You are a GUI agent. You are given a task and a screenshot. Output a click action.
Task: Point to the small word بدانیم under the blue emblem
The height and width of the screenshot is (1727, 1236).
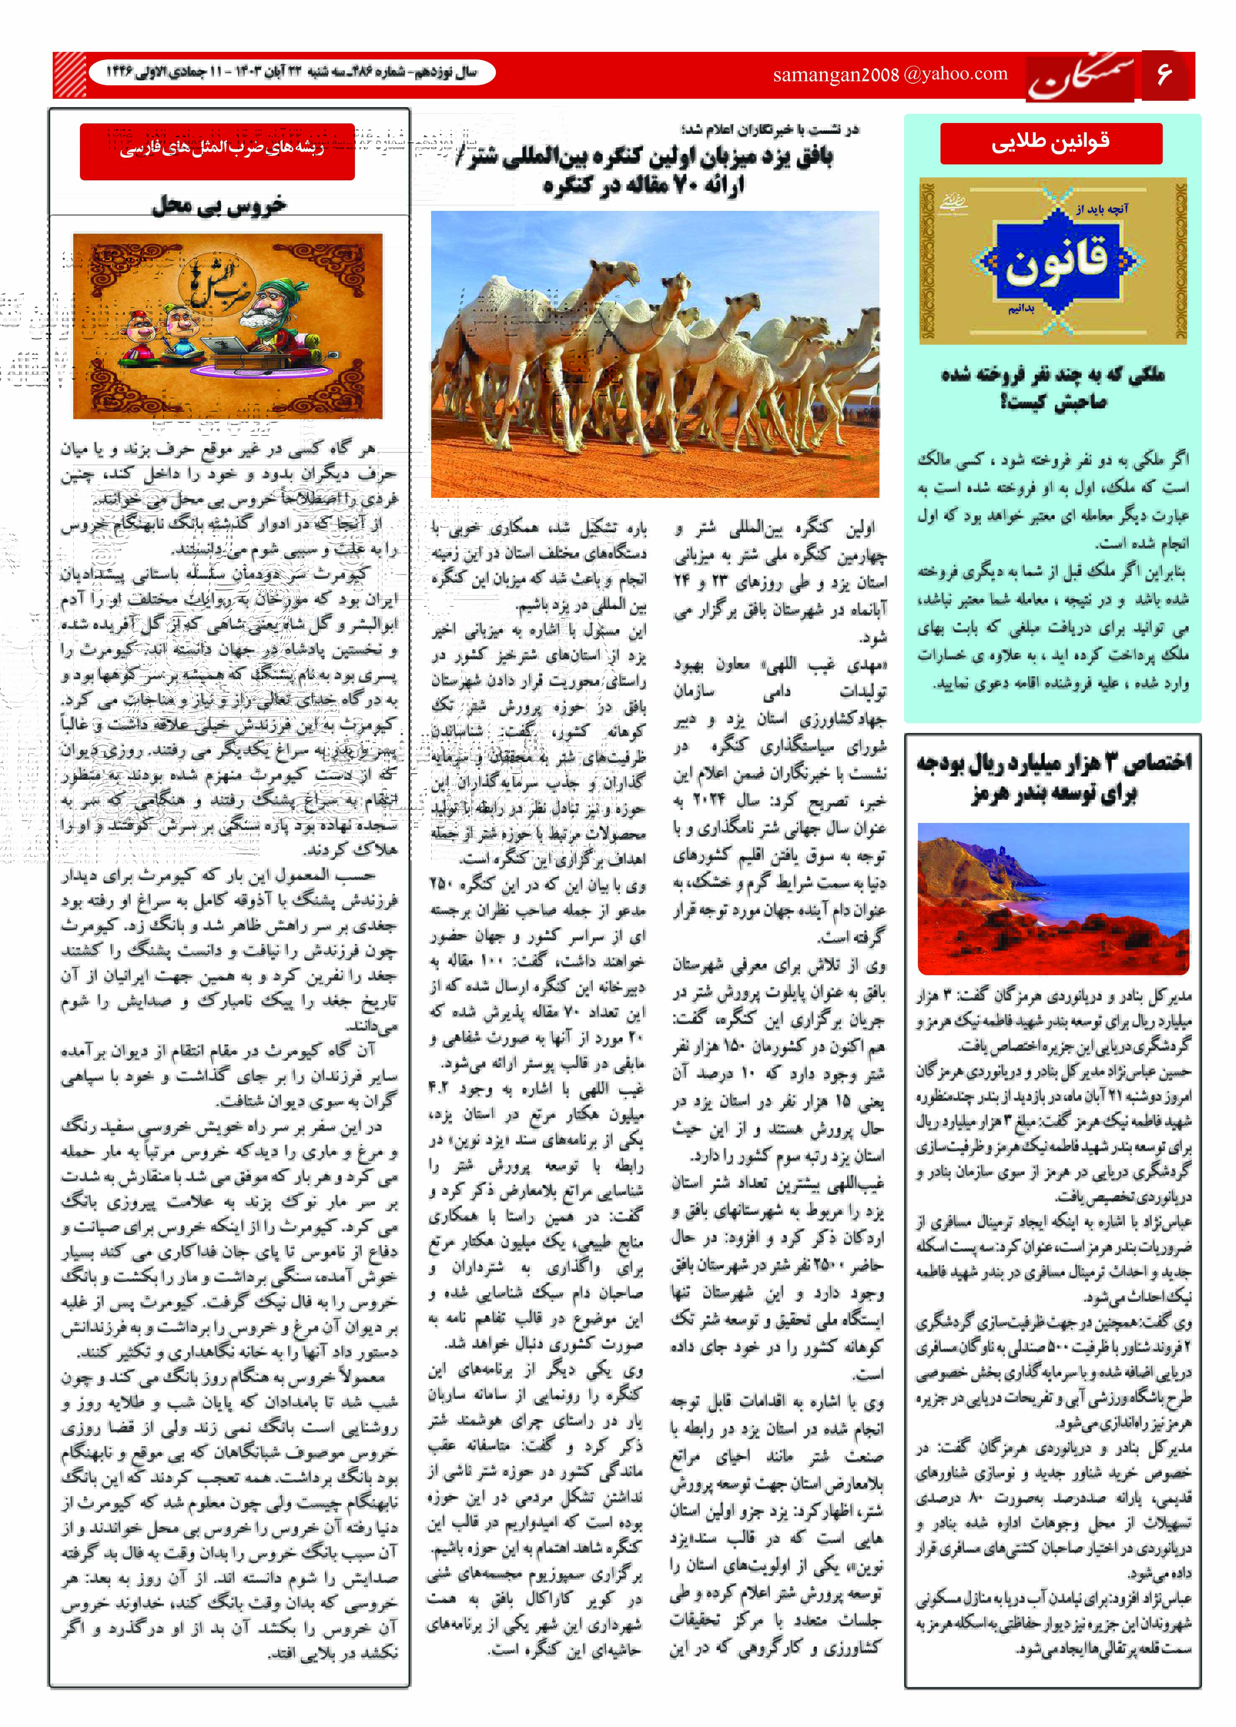[x=1021, y=310]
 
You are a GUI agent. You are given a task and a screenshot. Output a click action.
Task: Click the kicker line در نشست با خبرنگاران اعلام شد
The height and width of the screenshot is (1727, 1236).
[x=770, y=129]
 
